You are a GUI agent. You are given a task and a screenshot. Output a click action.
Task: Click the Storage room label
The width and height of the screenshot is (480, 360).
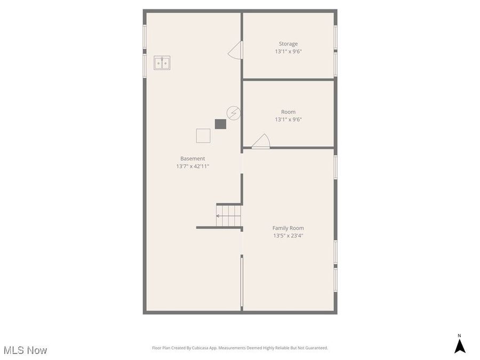coord(288,44)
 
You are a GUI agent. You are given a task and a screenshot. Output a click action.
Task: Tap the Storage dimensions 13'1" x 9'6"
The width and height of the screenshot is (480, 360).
coord(288,52)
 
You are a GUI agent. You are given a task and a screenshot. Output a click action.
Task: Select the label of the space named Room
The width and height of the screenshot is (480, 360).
coord(288,112)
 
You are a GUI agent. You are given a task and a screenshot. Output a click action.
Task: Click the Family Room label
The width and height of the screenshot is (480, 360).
coord(288,228)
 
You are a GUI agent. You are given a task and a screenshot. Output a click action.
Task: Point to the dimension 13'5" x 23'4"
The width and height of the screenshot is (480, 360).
coord(288,236)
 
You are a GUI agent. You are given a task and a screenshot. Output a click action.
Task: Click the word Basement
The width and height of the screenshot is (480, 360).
coord(193,158)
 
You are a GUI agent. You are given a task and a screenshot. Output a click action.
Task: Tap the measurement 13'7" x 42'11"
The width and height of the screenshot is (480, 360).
coord(193,166)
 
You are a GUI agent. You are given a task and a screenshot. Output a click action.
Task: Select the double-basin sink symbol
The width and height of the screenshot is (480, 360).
coord(162,63)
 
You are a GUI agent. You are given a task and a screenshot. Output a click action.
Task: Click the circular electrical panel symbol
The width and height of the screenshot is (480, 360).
coord(233,113)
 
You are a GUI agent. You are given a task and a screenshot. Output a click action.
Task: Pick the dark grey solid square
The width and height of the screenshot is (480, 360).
coord(220,124)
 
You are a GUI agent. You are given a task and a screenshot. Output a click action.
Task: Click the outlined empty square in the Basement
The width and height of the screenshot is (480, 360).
coord(203,135)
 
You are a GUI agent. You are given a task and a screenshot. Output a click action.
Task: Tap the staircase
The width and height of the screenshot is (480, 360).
coord(229,215)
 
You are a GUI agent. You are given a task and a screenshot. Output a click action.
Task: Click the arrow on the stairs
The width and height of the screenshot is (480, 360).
coord(219,216)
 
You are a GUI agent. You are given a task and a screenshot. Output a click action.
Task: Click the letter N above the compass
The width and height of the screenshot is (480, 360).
coord(460,335)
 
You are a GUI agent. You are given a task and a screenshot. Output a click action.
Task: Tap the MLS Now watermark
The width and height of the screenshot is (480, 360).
coord(25,350)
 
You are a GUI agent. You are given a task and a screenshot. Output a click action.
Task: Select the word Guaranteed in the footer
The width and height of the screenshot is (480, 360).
coord(314,348)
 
